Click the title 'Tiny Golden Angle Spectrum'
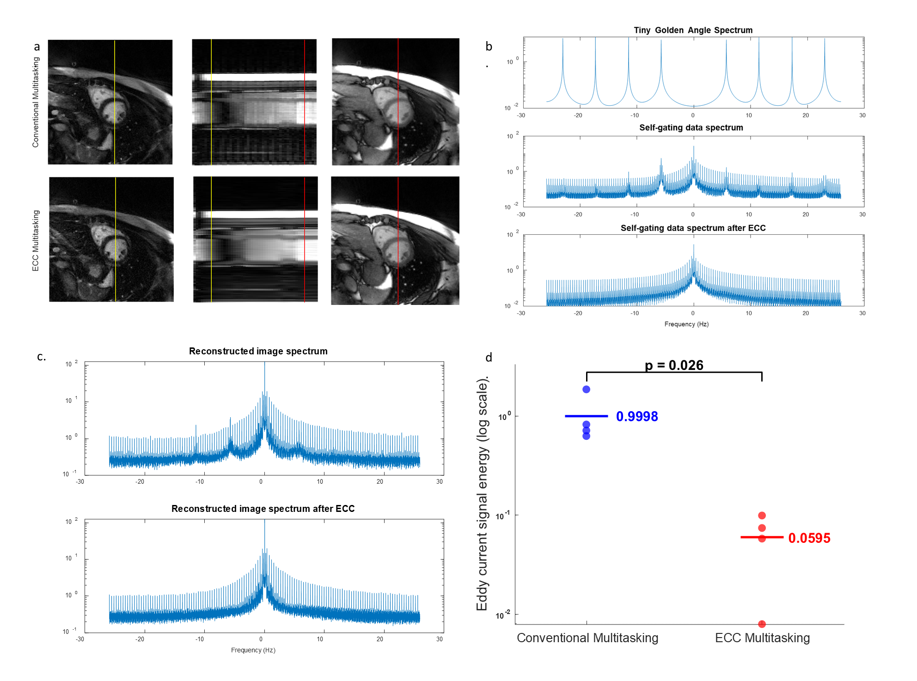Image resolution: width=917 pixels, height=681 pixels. coord(693,30)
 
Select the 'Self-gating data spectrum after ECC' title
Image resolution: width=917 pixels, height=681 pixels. coord(693,228)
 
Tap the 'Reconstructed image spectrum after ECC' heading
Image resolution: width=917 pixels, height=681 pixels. coord(263,509)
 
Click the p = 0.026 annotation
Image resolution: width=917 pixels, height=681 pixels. coord(674,365)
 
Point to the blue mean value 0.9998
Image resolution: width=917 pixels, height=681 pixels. coord(637,416)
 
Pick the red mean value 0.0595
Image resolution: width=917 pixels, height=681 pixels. coord(809,538)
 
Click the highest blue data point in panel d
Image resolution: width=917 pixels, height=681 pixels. coord(586,389)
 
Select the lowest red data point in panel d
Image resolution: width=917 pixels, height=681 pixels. coord(762,624)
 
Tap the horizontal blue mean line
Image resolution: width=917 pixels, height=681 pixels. coord(586,416)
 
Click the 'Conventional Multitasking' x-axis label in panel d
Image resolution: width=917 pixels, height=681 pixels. coord(587,638)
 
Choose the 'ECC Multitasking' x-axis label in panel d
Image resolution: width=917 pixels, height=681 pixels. coord(762,638)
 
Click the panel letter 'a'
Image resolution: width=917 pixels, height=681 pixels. coord(37,47)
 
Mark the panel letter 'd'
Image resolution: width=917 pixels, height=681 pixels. coord(489,357)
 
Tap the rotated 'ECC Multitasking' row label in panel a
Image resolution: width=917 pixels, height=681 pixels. coord(36,241)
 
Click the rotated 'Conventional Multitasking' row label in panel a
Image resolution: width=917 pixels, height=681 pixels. coord(36,102)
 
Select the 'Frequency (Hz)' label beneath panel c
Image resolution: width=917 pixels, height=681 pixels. coord(253,650)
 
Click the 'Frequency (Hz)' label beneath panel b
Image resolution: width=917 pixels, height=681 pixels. coord(686,324)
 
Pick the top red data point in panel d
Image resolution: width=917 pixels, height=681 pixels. coord(762,515)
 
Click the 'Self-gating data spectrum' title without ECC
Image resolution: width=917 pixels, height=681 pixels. coord(691,128)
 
